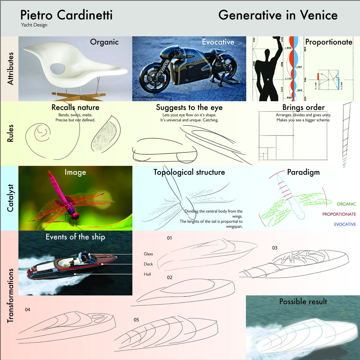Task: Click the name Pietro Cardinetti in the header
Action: click(66, 15)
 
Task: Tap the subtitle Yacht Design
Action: click(34, 25)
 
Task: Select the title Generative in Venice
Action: click(278, 15)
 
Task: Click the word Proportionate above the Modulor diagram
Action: click(329, 42)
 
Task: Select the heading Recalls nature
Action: click(75, 107)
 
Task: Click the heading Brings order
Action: click(303, 107)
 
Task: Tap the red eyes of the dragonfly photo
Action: click(75, 216)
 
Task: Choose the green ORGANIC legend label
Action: click(346, 204)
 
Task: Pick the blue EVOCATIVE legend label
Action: click(345, 224)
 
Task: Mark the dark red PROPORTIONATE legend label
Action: click(339, 214)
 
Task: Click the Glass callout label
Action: click(148, 254)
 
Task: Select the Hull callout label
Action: click(147, 274)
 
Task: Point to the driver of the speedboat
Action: click(80, 256)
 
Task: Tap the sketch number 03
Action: click(275, 248)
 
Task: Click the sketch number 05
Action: click(136, 320)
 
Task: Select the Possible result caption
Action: click(303, 301)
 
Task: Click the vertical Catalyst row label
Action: click(10, 198)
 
